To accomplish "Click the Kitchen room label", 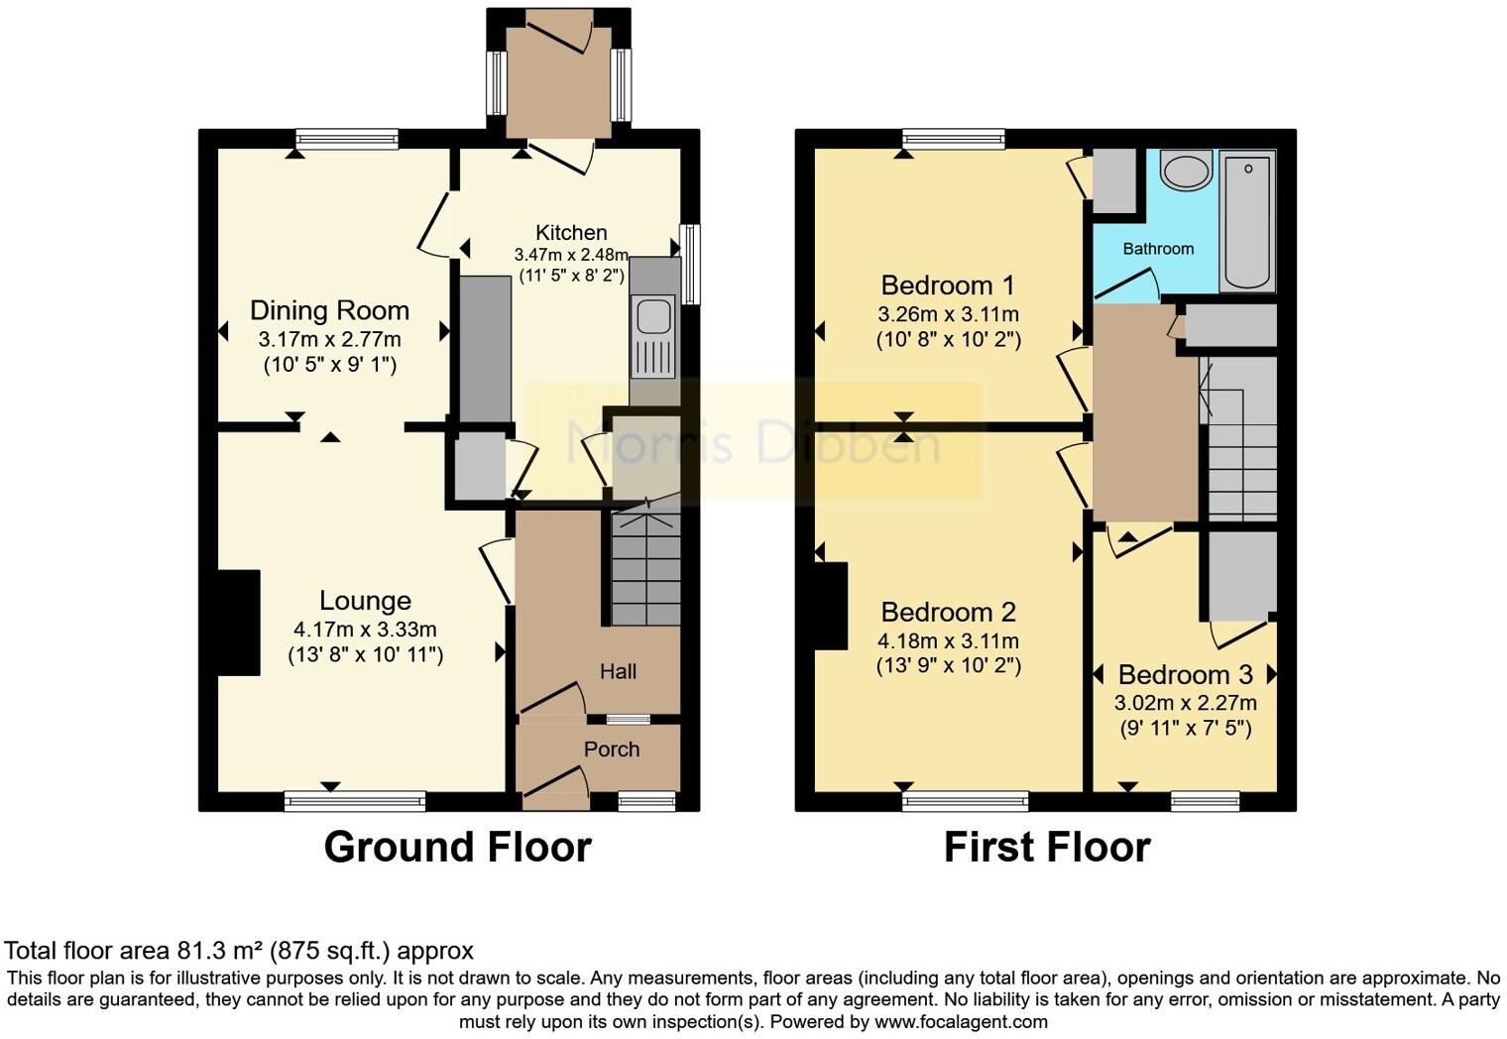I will click(x=571, y=233).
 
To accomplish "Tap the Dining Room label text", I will click(x=329, y=310).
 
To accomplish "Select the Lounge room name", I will click(x=365, y=601).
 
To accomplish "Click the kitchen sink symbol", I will click(x=653, y=317).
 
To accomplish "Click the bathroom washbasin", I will click(x=1186, y=171).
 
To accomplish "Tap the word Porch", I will click(x=612, y=750).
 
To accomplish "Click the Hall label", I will click(x=618, y=672).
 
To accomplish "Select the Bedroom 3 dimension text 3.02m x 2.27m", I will click(x=1185, y=703).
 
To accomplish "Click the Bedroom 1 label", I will click(x=948, y=286).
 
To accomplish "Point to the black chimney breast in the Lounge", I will click(x=239, y=623).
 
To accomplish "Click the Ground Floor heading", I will click(x=457, y=848).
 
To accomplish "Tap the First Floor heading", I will click(x=1047, y=848).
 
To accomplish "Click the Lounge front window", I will click(x=355, y=801).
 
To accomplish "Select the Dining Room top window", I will click(x=347, y=140).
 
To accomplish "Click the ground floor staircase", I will click(x=645, y=570).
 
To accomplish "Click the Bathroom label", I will click(x=1158, y=249).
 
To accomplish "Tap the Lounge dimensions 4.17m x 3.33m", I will click(x=365, y=630).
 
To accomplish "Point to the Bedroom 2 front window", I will click(x=965, y=801).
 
